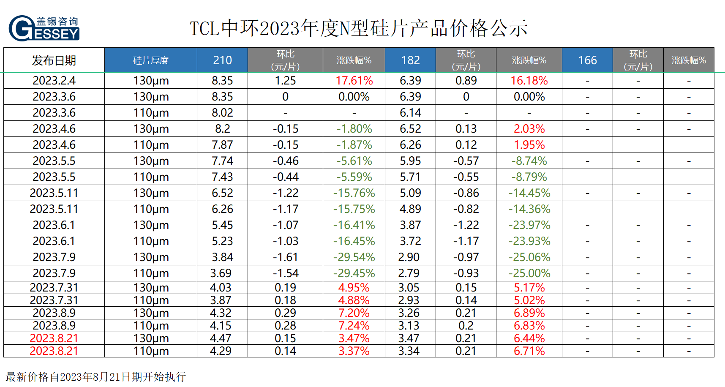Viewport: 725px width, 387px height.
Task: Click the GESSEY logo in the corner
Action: coord(44,28)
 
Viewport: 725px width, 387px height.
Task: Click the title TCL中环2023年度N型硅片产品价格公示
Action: coord(359,28)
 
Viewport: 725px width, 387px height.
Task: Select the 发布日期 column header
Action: coord(54,60)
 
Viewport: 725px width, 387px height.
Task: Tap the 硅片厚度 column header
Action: coord(150,60)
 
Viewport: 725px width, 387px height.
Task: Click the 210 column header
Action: coord(222,60)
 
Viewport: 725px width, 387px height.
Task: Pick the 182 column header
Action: coord(410,60)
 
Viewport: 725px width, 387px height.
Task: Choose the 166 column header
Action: coord(587,60)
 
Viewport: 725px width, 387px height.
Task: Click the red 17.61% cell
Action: coord(354,81)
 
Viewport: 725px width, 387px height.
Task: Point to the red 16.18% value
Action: coord(529,81)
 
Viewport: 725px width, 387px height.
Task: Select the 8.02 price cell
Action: coord(222,113)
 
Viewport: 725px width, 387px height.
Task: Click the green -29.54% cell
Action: coord(354,257)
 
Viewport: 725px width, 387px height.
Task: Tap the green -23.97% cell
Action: coord(529,225)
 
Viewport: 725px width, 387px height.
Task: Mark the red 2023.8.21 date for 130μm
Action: coord(54,338)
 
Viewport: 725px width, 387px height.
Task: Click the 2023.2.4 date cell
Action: coord(54,81)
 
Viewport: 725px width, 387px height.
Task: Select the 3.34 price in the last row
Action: coord(409,351)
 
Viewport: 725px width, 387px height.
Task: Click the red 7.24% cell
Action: coord(354,326)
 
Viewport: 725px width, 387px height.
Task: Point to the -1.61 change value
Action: coord(286,257)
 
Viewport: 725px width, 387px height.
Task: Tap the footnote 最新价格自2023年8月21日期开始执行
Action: coord(96,377)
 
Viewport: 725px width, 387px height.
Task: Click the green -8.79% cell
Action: coord(529,177)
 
